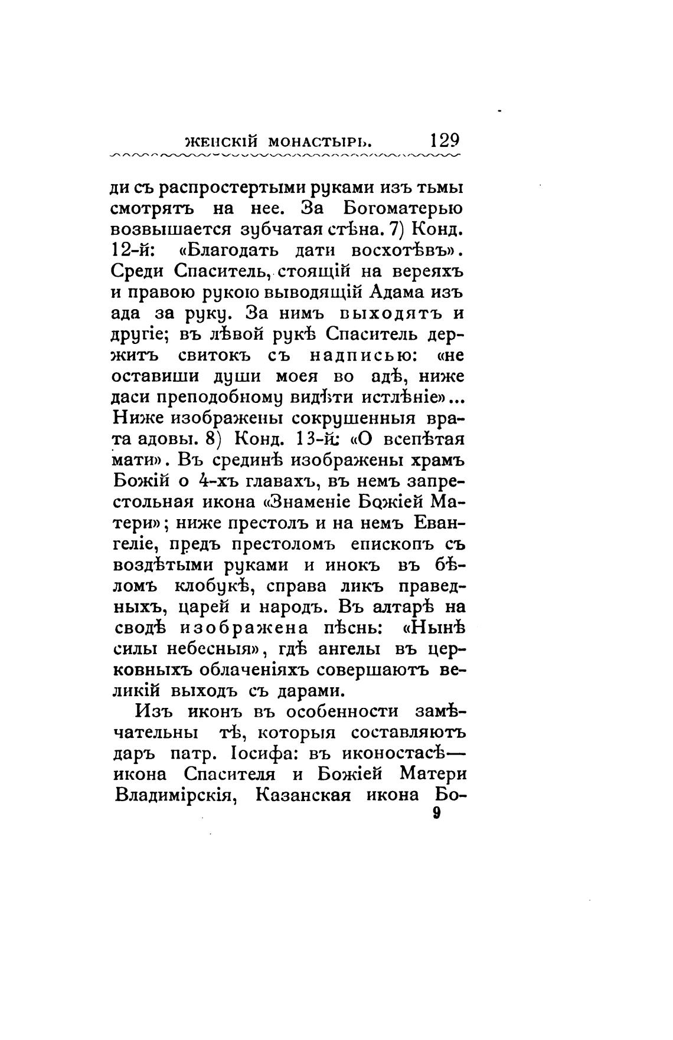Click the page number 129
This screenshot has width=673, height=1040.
click(x=445, y=141)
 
